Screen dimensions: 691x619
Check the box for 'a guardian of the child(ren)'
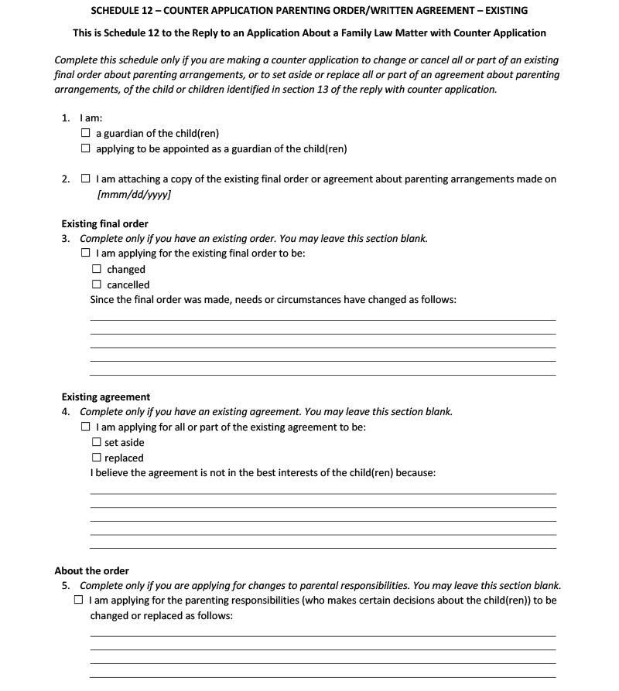[85, 134]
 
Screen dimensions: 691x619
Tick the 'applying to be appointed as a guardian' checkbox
[85, 148]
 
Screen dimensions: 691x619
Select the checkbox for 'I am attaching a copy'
[85, 179]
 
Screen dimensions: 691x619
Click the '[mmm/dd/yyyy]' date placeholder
[134, 194]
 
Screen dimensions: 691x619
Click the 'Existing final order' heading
[104, 224]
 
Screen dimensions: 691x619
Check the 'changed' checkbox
[97, 270]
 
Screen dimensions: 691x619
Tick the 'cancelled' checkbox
[97, 284]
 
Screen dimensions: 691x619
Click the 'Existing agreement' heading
[106, 397]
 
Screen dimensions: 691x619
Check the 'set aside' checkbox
[97, 443]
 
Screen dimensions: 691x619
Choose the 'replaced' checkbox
[97, 458]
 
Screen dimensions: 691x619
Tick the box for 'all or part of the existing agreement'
[85, 427]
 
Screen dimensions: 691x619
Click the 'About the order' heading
[91, 571]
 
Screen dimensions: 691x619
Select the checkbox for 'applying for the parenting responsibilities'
[78, 601]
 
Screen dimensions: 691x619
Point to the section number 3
[66, 239]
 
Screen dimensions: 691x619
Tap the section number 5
[66, 585]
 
